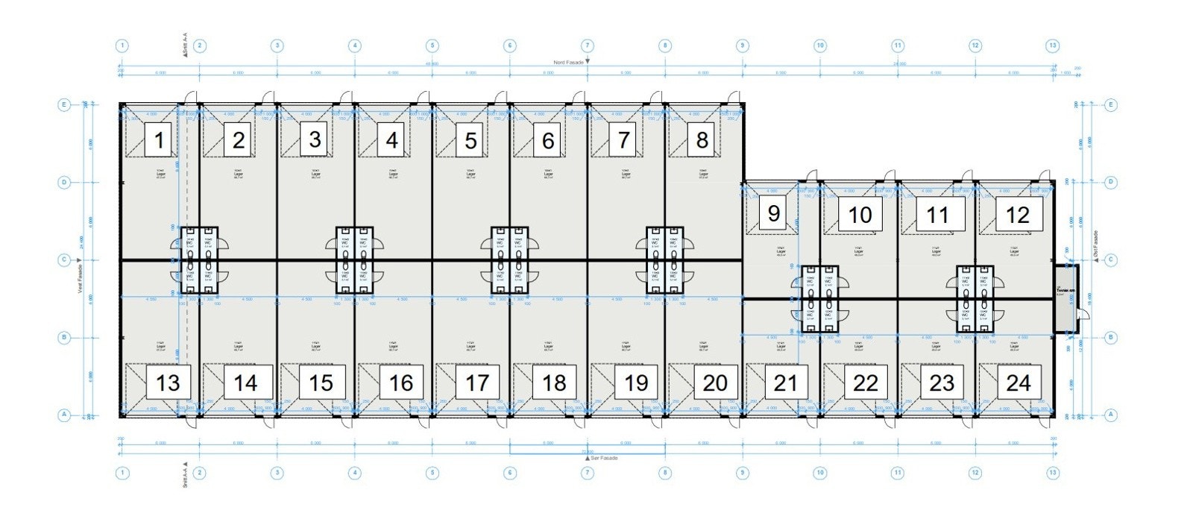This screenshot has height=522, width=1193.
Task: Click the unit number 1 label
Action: [x=158, y=140]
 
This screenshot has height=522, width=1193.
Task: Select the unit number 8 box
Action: [x=702, y=139]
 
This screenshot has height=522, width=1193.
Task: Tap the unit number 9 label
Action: [x=773, y=214]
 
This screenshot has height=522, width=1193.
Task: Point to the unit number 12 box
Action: [x=1017, y=215]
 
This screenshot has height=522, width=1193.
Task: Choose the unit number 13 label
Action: [x=169, y=383]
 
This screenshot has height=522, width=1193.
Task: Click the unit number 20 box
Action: [x=715, y=383]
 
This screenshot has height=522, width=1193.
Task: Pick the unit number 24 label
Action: [x=1018, y=383]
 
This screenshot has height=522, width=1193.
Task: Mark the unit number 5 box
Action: [x=470, y=140]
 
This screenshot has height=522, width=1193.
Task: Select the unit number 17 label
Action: [x=476, y=383]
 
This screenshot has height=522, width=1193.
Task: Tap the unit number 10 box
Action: [x=860, y=215]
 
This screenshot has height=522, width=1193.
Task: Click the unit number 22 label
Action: [x=865, y=383]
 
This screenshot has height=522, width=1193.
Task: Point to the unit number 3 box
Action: [x=315, y=139]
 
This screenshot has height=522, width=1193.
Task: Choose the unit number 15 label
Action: [x=321, y=383]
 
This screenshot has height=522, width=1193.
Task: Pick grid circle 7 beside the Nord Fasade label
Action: [x=588, y=45]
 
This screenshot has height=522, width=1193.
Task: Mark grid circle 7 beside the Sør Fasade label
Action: [x=588, y=473]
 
